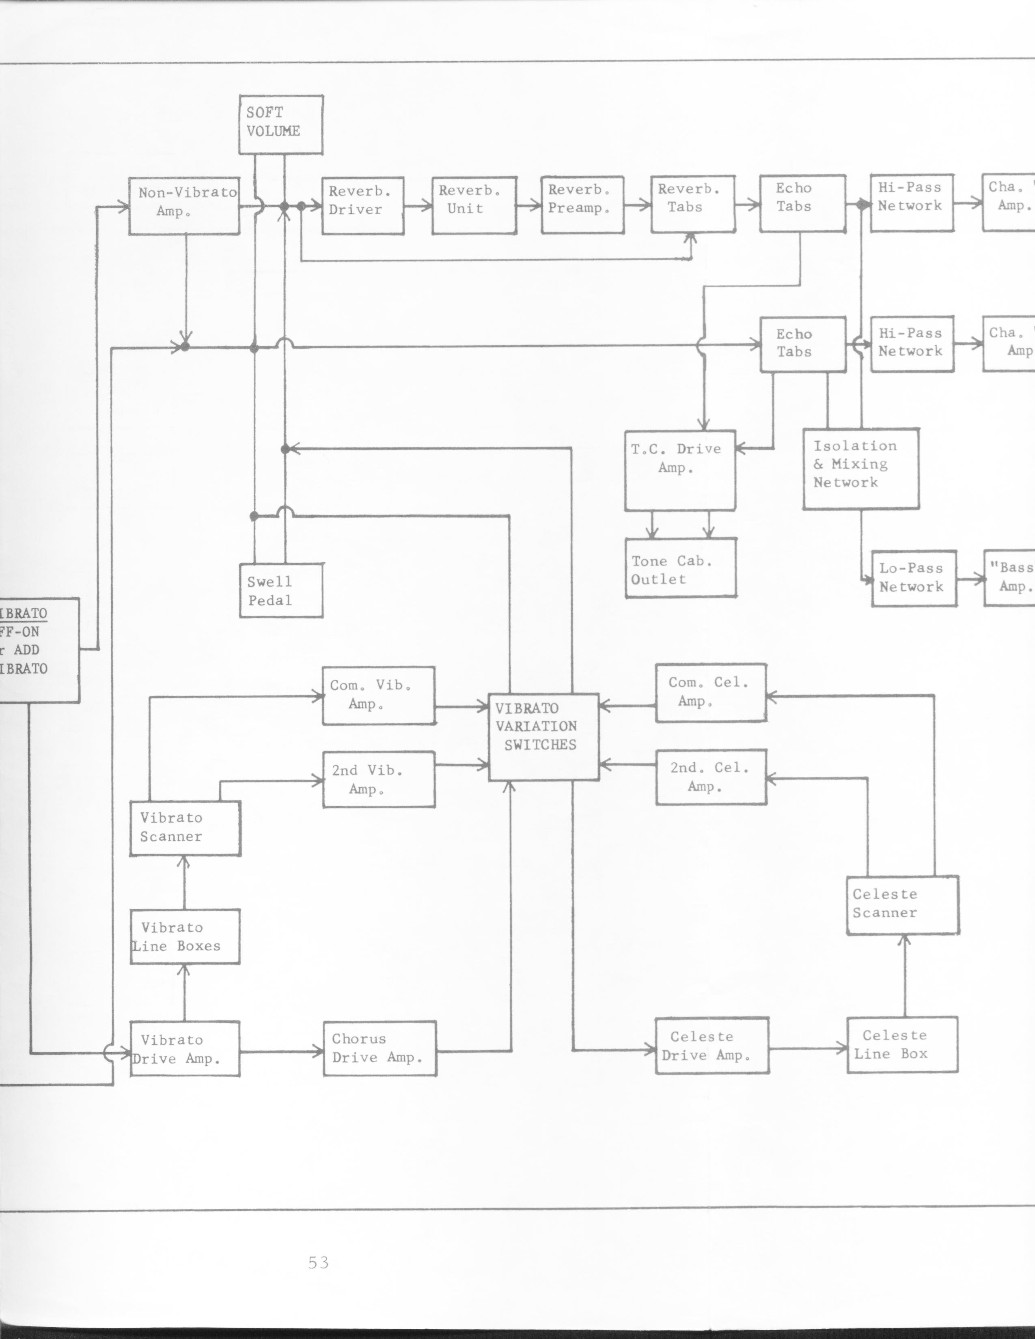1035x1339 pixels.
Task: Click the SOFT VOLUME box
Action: pos(281,125)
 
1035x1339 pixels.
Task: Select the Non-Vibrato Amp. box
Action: pos(184,206)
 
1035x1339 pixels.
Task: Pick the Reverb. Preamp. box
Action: pos(582,205)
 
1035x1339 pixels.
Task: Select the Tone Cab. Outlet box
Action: pos(681,568)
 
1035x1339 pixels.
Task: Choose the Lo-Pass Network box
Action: pos(914,579)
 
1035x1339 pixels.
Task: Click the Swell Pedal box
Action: pos(281,590)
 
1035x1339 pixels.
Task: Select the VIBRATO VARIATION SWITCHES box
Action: pos(543,737)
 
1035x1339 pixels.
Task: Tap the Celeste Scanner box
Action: pos(903,905)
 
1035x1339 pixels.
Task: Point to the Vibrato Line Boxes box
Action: pos(185,937)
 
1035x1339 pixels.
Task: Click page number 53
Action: pos(319,1263)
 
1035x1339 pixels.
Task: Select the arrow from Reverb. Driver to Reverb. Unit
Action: pos(418,206)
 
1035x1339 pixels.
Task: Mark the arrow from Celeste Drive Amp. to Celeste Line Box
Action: pos(808,1048)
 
